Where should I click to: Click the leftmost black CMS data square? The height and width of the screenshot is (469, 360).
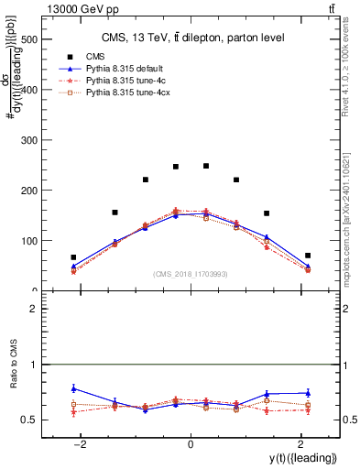(73, 257)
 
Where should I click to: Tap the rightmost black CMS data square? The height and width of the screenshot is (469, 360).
(308, 256)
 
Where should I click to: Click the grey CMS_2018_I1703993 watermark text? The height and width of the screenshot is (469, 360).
(191, 274)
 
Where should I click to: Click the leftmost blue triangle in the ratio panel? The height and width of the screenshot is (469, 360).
(73, 388)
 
